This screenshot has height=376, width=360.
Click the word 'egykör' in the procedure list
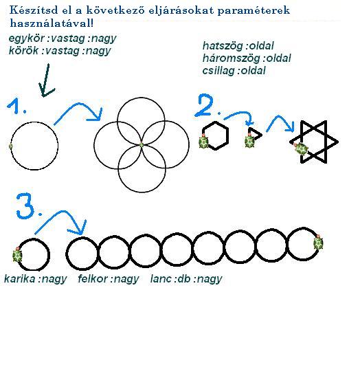pyautogui.click(x=26, y=38)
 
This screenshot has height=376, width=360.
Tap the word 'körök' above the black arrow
pyautogui.click(x=23, y=51)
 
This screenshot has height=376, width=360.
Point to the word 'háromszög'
pyautogui.click(x=231, y=58)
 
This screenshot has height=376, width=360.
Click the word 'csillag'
pyautogui.click(x=218, y=71)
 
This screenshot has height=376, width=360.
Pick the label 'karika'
pyautogui.click(x=20, y=278)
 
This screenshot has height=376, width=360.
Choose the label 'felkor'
pyautogui.click(x=93, y=278)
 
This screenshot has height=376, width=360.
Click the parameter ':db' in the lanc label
pyautogui.click(x=183, y=278)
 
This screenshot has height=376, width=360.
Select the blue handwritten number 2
pyautogui.click(x=205, y=105)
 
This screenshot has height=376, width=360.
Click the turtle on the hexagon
pyautogui.click(x=204, y=142)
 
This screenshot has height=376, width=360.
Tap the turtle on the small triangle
pyautogui.click(x=249, y=141)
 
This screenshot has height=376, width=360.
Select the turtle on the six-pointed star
pyautogui.click(x=301, y=149)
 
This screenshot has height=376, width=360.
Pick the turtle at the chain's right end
pyautogui.click(x=318, y=243)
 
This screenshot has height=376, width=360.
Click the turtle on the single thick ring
pyautogui.click(x=17, y=255)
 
